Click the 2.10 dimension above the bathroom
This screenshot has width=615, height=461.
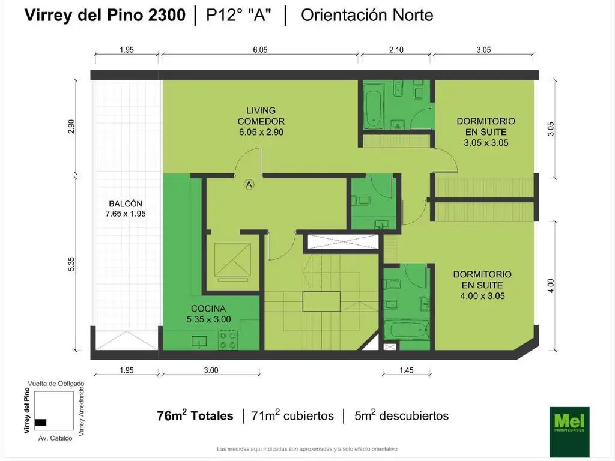(x=396, y=50)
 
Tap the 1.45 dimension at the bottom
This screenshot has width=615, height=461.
(x=406, y=370)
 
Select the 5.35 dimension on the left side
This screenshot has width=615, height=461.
(x=71, y=264)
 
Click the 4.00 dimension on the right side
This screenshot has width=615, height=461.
(x=551, y=285)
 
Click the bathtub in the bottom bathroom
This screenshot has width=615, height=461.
(x=407, y=330)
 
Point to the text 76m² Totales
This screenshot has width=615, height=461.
(x=195, y=415)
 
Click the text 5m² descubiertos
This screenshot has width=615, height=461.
(x=402, y=415)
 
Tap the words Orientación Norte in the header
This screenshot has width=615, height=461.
(x=367, y=16)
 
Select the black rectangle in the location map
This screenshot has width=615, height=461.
(x=40, y=422)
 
